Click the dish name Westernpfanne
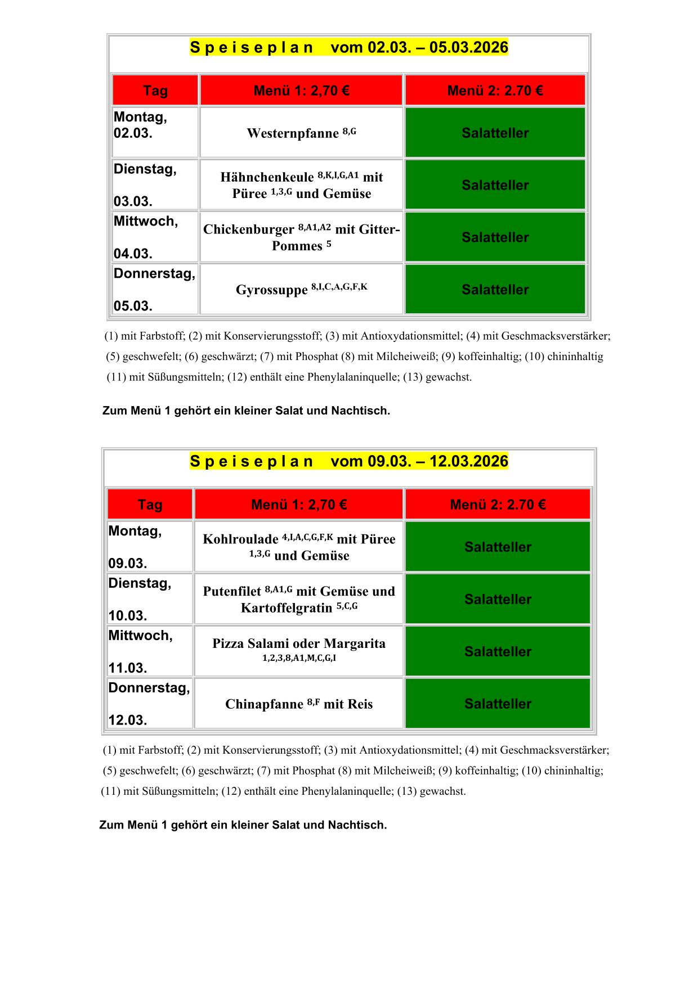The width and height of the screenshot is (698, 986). [293, 134]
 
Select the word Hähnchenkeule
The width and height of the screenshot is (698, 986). [267, 178]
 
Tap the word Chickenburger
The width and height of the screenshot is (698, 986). [249, 230]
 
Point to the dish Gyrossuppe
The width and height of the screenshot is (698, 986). [271, 290]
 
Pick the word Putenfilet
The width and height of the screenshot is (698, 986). [232, 592]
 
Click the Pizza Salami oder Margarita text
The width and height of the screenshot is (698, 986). [299, 644]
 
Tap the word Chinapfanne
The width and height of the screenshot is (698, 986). [264, 705]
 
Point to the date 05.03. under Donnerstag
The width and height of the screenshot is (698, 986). [133, 307]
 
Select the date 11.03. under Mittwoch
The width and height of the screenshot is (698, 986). [127, 668]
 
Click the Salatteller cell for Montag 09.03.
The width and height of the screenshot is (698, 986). [498, 547]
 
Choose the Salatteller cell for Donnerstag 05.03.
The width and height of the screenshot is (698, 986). [495, 290]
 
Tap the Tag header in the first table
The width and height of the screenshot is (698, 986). [155, 91]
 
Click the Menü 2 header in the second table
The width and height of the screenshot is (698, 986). [498, 505]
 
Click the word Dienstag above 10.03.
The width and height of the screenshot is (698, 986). [140, 584]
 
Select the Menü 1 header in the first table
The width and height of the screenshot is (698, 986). [301, 91]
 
